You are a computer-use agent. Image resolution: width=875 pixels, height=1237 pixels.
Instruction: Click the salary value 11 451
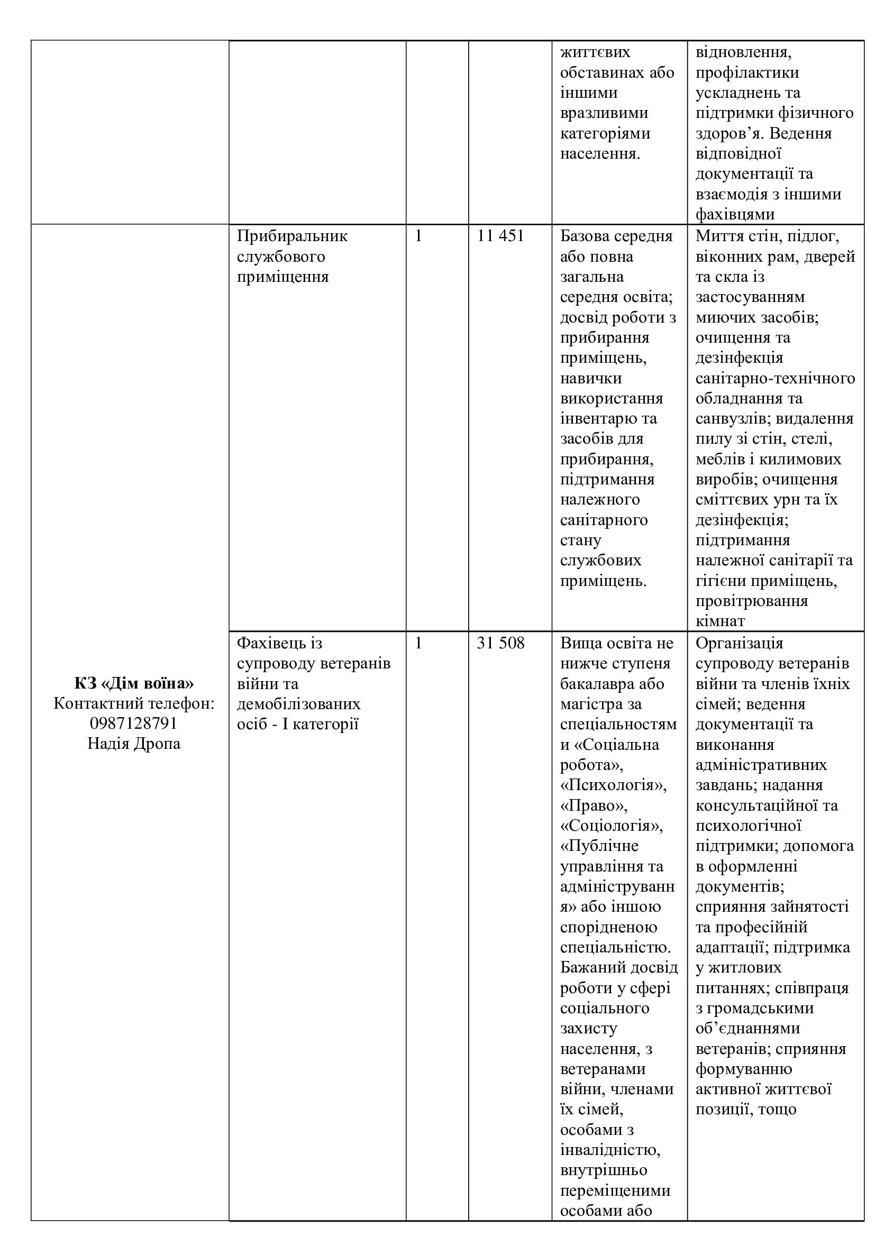click(x=500, y=236)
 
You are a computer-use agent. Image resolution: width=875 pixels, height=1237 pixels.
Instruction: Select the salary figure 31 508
click(x=500, y=643)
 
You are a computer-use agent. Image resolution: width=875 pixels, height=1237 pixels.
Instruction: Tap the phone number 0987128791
click(x=134, y=723)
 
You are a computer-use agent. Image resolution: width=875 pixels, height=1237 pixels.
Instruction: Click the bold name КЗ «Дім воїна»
click(x=134, y=683)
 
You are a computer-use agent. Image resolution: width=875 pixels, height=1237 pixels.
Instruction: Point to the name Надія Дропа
click(x=134, y=744)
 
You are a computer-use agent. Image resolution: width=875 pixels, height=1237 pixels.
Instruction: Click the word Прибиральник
click(x=292, y=236)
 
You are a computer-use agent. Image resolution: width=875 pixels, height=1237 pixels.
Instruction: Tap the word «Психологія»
click(x=613, y=785)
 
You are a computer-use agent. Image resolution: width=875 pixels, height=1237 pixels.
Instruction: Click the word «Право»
click(x=594, y=805)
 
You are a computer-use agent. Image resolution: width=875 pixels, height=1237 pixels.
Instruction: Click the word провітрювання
click(x=751, y=601)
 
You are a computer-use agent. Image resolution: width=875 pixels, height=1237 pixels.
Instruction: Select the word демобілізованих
click(x=298, y=703)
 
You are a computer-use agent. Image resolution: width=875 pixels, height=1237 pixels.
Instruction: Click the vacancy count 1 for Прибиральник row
click(x=418, y=236)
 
